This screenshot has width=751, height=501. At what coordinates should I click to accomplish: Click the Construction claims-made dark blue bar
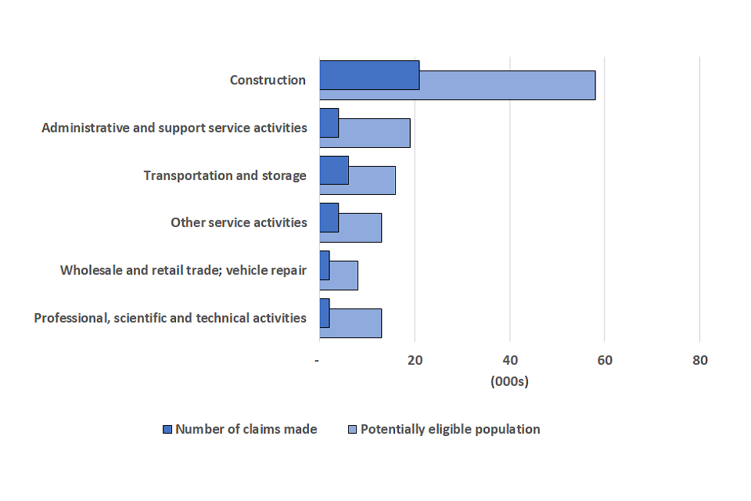point(369,74)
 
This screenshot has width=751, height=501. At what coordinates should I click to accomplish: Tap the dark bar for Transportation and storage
point(334,170)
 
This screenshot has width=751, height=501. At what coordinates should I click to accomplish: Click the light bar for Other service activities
point(360,228)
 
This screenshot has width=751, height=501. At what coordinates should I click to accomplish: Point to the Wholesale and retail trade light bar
point(343,276)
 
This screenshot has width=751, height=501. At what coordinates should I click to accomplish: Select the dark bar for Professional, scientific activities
point(325,313)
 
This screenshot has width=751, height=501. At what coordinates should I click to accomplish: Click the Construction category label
point(268,80)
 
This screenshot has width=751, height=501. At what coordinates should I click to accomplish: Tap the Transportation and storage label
point(225,175)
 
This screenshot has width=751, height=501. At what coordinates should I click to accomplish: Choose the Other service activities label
point(239,223)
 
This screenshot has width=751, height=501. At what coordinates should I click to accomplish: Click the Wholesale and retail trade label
point(183,271)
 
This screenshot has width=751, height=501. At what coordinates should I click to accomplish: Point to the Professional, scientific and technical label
point(170,318)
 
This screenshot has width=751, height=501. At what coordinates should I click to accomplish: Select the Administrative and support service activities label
point(174,128)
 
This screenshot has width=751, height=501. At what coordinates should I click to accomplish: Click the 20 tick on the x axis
point(415,361)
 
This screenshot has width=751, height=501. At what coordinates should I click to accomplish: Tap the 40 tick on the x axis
point(510,361)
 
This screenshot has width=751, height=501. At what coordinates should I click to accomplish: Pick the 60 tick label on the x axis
point(605,361)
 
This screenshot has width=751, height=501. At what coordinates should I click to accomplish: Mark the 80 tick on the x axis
point(699,361)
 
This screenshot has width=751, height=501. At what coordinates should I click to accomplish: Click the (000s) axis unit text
point(509,382)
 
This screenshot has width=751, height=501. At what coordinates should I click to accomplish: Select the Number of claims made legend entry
point(239,429)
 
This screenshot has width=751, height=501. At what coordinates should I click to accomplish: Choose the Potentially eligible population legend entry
point(443,429)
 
